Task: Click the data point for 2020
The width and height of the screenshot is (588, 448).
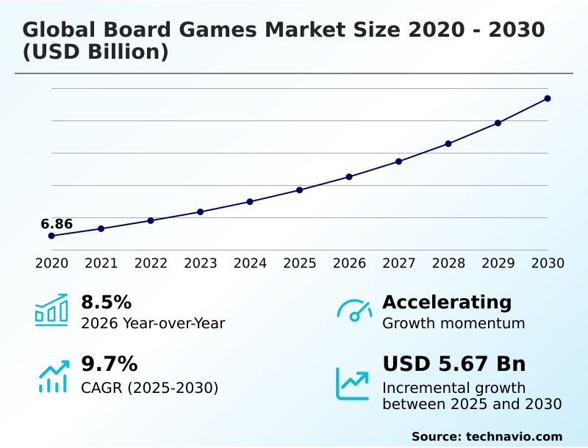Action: pos(51,236)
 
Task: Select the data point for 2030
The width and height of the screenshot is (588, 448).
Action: pos(548,98)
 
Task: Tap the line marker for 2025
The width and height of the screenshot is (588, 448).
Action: pos(300,190)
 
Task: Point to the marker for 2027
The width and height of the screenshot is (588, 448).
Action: pos(398,162)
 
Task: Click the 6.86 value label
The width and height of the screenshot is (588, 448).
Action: pos(57,224)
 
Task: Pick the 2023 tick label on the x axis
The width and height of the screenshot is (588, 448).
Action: pos(201,263)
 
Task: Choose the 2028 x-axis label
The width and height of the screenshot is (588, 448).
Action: pos(448,263)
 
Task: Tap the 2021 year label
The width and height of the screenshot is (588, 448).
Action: pos(101,263)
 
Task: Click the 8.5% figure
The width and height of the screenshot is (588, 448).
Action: pos(106,302)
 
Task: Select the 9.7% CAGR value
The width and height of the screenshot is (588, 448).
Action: pos(109,364)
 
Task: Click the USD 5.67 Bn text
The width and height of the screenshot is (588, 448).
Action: pos(454,364)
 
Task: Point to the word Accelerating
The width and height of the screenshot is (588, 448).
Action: pos(447,302)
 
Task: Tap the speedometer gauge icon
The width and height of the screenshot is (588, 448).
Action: pos(354,311)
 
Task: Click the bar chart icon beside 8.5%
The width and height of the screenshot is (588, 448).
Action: pos(51,310)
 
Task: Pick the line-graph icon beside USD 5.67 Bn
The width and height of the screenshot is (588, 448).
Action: pos(353,383)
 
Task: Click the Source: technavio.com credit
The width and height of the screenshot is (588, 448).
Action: pos(487,436)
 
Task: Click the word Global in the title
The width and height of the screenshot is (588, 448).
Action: pos(58,30)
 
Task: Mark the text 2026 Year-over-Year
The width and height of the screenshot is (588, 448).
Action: pos(153,323)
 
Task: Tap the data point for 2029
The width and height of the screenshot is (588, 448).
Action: pos(498,123)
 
